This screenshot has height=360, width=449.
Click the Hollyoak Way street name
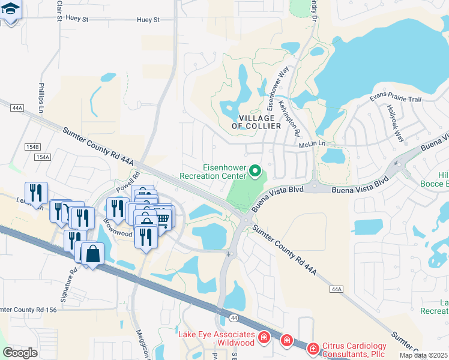pyautogui.click(x=396, y=122)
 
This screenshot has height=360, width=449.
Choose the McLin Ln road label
pyautogui.click(x=312, y=144)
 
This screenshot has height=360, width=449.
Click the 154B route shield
pyautogui.click(x=32, y=146)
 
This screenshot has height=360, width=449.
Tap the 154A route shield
pyautogui.click(x=42, y=157)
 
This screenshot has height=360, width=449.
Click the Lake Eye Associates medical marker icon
pyautogui.click(x=263, y=338)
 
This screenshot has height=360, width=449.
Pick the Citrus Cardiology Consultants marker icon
pyautogui.click(x=312, y=348)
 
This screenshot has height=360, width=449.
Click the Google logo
pyautogui.click(x=20, y=352)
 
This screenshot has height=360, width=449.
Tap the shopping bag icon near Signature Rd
pyautogui.click(x=93, y=254)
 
